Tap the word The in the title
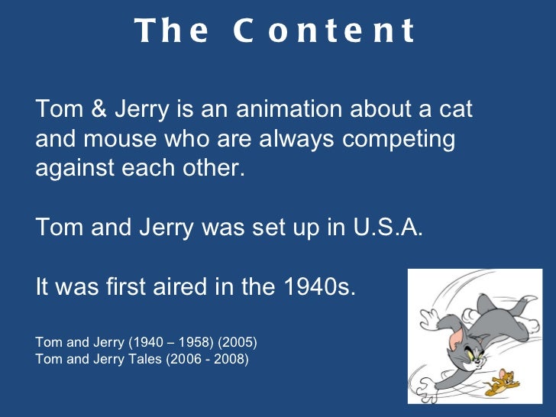[172, 31]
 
